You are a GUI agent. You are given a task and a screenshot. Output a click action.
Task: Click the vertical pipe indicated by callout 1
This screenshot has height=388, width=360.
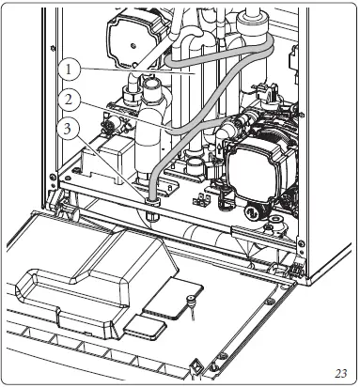click(x=193, y=103)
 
